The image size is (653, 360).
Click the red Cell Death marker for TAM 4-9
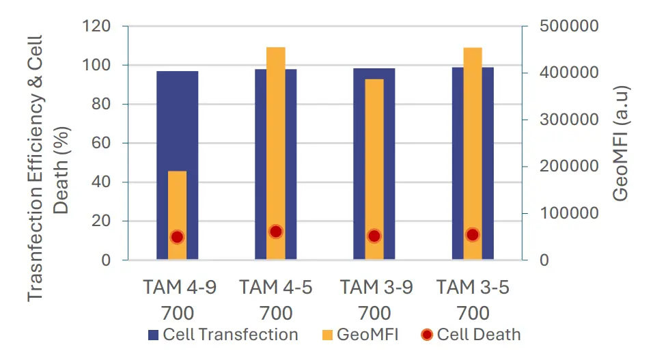click(x=177, y=237)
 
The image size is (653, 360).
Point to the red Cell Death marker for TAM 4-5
click(x=276, y=232)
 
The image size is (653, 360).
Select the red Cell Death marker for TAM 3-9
click(x=374, y=236)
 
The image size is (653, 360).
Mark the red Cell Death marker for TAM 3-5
click(x=473, y=235)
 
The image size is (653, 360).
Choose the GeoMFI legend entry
click(x=359, y=335)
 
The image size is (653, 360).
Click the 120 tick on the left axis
click(x=97, y=27)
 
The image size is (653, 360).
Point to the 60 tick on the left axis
click(x=101, y=143)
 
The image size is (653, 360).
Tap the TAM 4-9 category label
click(x=179, y=287)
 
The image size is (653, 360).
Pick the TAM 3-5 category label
click(x=473, y=287)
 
